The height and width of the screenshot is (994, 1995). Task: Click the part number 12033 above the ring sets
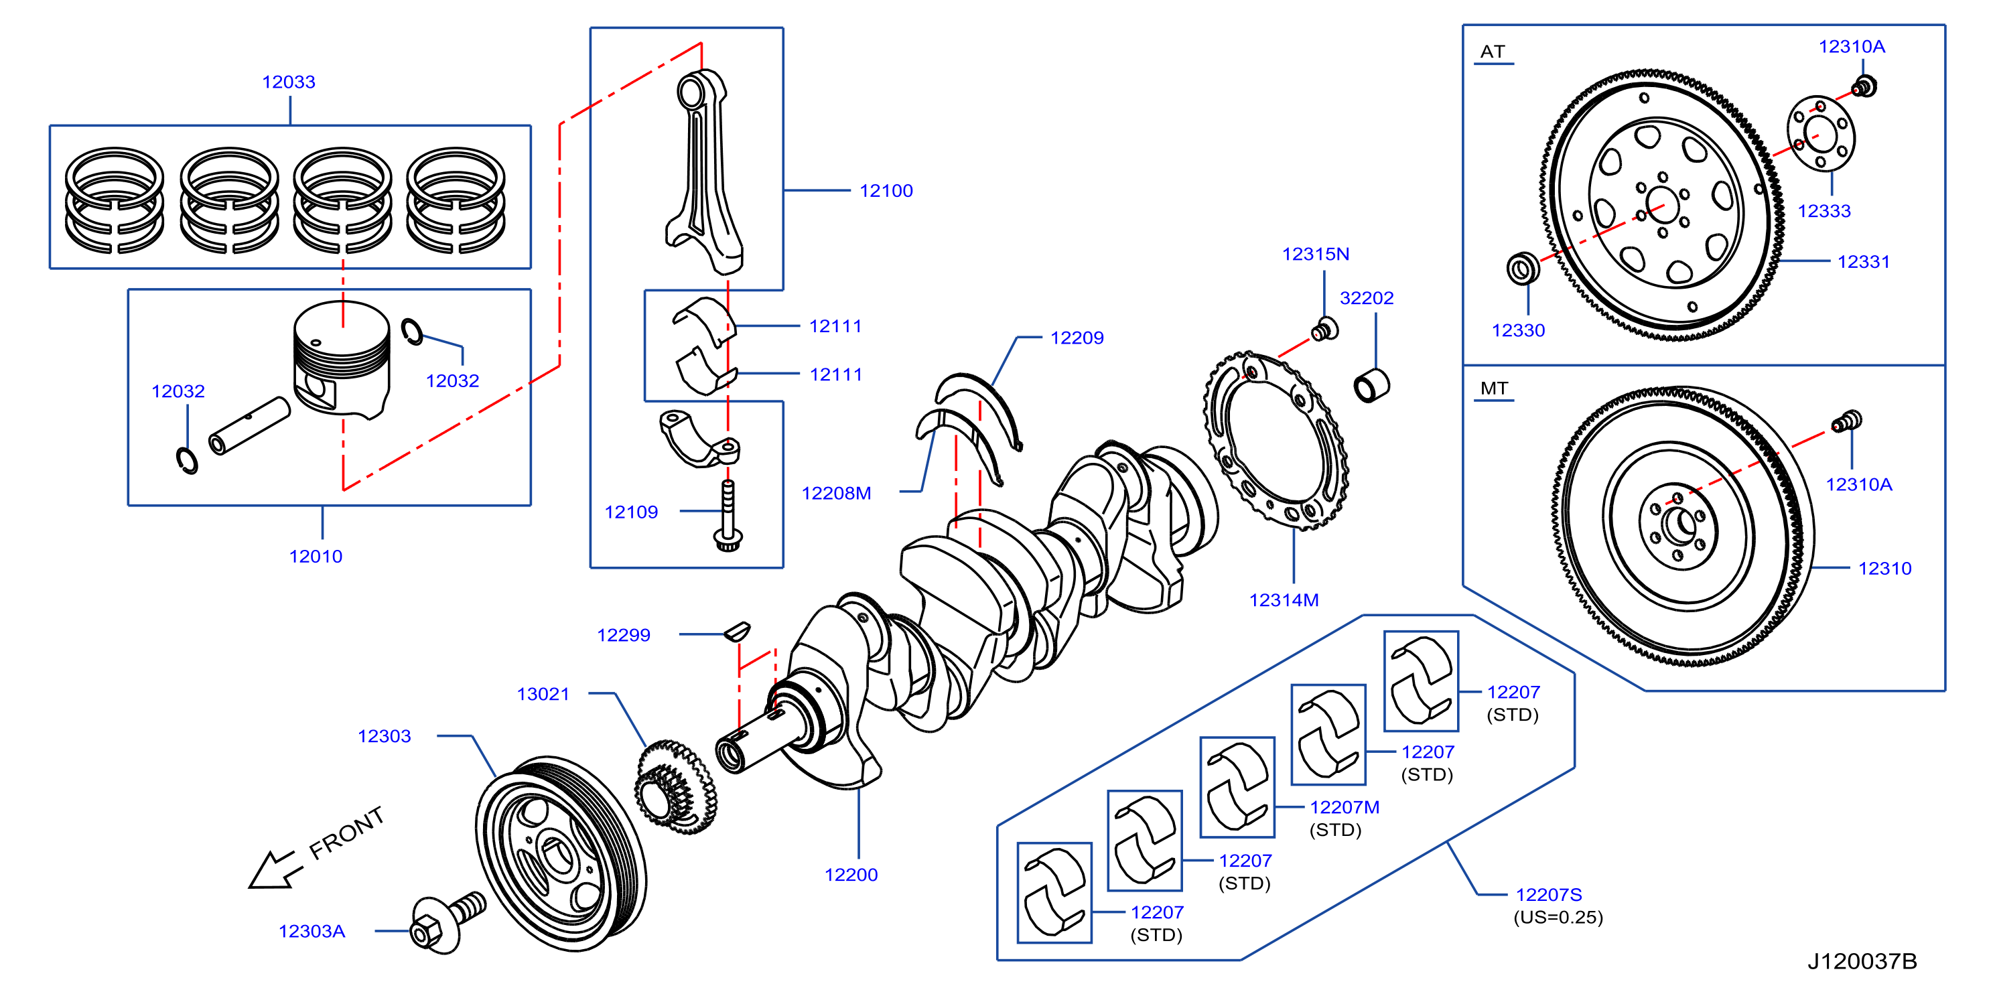(288, 82)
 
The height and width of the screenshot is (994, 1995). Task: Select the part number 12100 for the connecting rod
(886, 190)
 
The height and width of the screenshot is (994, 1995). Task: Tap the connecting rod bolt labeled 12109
(728, 516)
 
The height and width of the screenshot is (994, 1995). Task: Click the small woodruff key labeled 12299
(738, 631)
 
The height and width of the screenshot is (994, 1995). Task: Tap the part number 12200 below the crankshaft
(851, 875)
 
